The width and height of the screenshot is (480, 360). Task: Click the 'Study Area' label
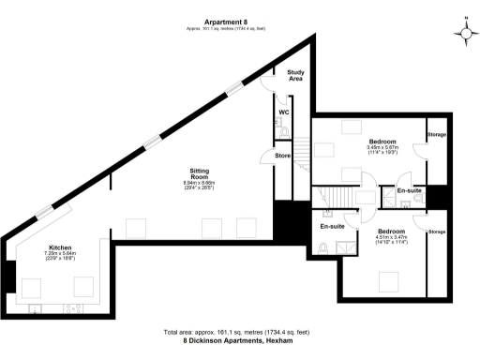(x=295, y=76)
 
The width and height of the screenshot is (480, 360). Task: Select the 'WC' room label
(x=282, y=113)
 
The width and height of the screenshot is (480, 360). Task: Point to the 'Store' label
(x=282, y=156)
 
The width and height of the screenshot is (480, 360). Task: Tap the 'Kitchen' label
(x=60, y=248)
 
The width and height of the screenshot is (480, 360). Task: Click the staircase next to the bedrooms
(x=330, y=196)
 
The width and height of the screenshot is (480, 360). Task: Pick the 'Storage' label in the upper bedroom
(x=437, y=135)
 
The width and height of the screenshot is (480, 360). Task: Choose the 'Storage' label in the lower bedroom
(x=437, y=231)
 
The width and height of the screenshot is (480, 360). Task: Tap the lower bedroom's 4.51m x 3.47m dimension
(x=391, y=238)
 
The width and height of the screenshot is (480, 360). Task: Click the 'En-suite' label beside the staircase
(x=332, y=227)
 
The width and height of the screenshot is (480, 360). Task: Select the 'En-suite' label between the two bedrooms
(x=408, y=191)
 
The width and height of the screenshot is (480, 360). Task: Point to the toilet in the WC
(x=282, y=133)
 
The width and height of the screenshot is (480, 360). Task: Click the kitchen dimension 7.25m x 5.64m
(x=60, y=256)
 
